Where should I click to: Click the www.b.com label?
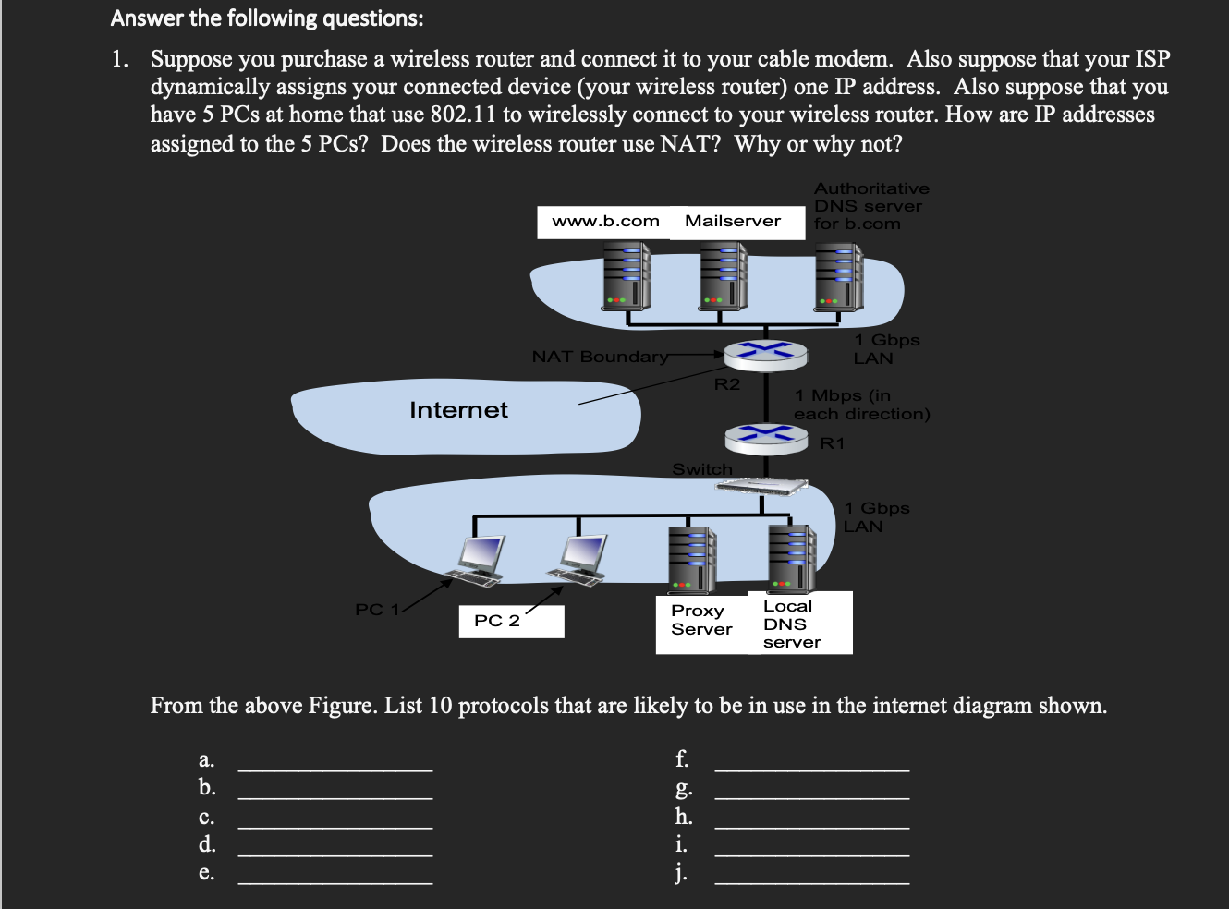point(604,222)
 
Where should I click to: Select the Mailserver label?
point(733,222)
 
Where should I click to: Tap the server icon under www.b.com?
point(627,276)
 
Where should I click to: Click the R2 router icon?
point(766,352)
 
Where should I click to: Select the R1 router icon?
point(766,437)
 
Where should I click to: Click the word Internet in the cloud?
point(458,410)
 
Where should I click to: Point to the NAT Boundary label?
point(600,357)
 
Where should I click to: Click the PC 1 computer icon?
point(481,560)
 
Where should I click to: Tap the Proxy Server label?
point(700,620)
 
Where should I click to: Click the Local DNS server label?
point(790,624)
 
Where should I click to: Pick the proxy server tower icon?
point(693,559)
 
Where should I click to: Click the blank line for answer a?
point(335,769)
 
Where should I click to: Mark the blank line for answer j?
point(811,883)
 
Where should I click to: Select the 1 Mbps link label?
point(860,405)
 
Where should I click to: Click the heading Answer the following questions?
point(267,18)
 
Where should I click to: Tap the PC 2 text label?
point(497,621)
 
